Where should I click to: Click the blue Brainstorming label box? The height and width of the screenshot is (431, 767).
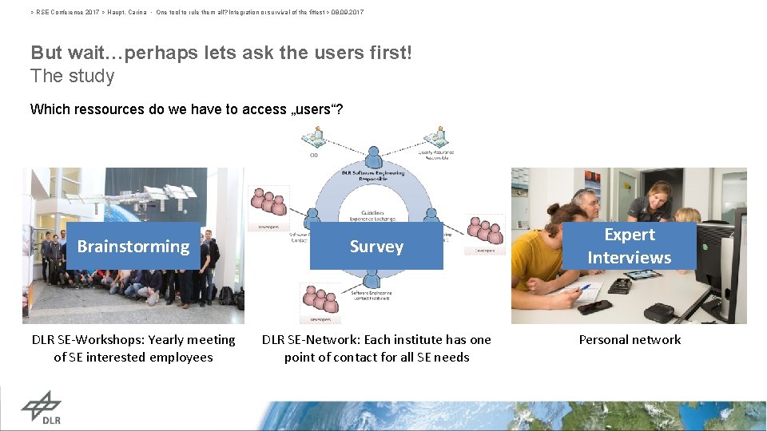[133, 247]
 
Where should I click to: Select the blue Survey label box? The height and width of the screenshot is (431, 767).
[376, 247]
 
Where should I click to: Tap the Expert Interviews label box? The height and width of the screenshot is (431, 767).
[630, 246]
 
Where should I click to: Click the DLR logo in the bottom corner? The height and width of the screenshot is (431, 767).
[41, 408]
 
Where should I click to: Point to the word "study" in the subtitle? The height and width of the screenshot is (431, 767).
[93, 77]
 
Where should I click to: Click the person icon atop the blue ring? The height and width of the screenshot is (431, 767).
[373, 156]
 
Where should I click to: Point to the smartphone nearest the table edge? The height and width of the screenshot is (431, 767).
[594, 306]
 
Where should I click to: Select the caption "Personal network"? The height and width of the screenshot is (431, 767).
[630, 340]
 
